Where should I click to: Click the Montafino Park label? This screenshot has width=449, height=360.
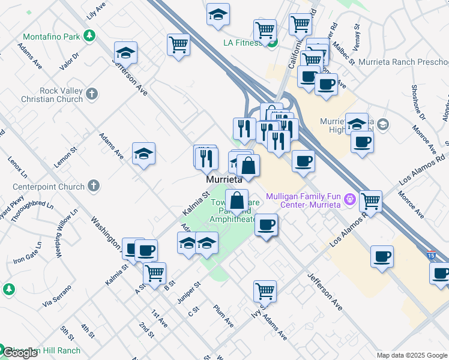(52, 37)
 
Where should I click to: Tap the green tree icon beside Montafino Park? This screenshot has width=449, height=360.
(89, 37)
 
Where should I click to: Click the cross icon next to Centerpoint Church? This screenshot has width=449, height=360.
(93, 186)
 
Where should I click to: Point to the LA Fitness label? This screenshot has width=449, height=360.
(243, 43)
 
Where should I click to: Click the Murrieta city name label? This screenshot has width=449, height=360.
(223, 179)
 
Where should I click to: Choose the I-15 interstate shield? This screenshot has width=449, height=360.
(430, 254)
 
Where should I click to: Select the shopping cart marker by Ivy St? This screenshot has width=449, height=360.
(265, 291)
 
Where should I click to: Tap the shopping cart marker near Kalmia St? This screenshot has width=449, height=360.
(155, 274)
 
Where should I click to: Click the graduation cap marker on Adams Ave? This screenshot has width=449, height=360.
(144, 154)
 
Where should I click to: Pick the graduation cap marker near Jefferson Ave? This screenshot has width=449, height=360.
(125, 53)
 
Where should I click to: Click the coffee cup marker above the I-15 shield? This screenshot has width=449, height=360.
(382, 257)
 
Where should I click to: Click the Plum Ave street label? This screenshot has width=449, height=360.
(223, 316)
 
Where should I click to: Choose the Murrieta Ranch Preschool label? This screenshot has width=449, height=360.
(403, 62)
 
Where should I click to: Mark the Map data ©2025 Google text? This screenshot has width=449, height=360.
(412, 355)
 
